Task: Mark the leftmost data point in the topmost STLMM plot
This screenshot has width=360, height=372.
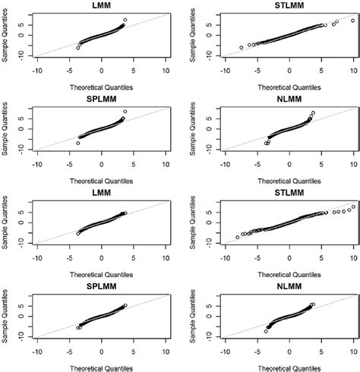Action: click(242, 48)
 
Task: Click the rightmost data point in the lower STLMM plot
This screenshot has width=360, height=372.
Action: click(353, 206)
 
